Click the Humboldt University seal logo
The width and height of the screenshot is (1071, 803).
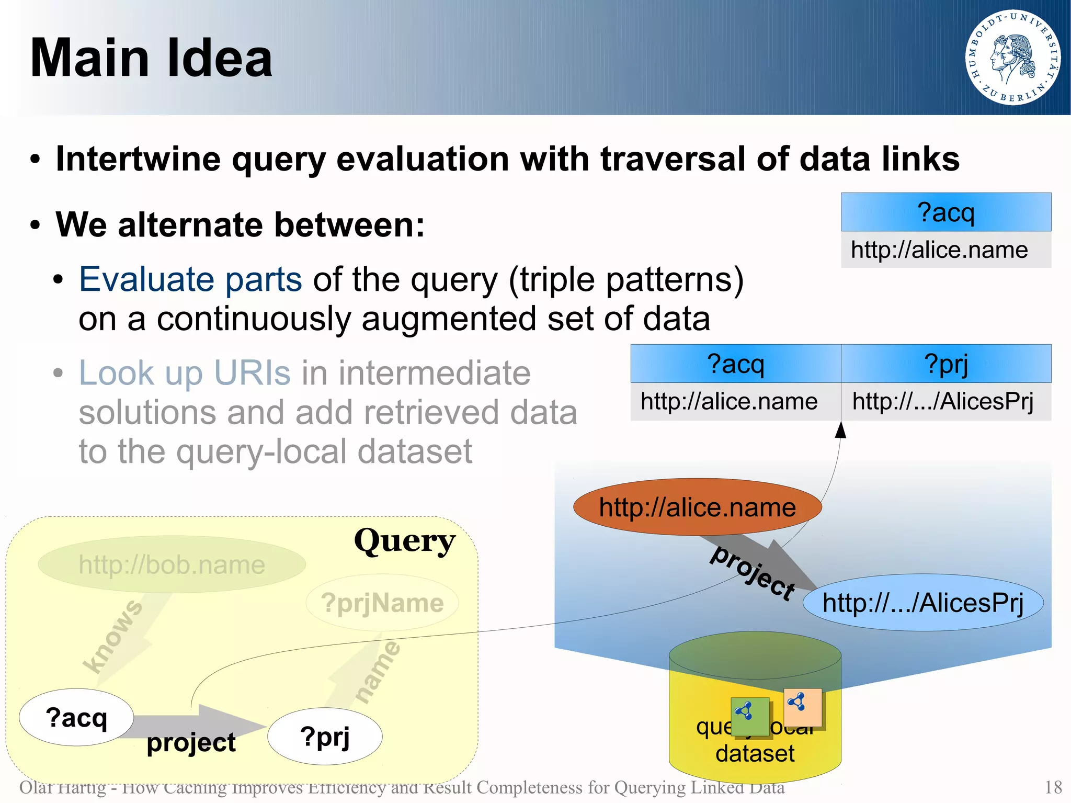[1012, 58]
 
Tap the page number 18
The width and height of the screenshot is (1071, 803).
[1053, 787]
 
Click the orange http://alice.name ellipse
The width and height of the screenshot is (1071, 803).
[697, 507]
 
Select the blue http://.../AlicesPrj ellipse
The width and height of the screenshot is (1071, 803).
[922, 603]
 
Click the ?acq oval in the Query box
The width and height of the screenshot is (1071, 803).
[76, 717]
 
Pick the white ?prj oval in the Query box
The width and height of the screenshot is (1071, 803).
[325, 737]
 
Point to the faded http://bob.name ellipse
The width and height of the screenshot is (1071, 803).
[172, 564]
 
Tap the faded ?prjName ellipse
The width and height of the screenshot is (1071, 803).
[382, 603]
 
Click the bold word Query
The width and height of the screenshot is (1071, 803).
[404, 541]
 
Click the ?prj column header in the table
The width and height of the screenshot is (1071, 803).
[945, 364]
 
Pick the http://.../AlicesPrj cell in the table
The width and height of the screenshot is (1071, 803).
[943, 402]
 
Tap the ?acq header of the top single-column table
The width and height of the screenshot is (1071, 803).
[945, 212]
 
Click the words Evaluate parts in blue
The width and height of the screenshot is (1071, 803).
[190, 279]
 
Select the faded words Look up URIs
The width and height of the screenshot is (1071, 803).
[184, 373]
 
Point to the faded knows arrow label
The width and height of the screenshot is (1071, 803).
[113, 636]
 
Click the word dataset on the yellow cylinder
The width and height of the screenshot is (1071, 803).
[755, 753]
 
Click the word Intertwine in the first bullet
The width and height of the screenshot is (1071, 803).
[138, 159]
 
